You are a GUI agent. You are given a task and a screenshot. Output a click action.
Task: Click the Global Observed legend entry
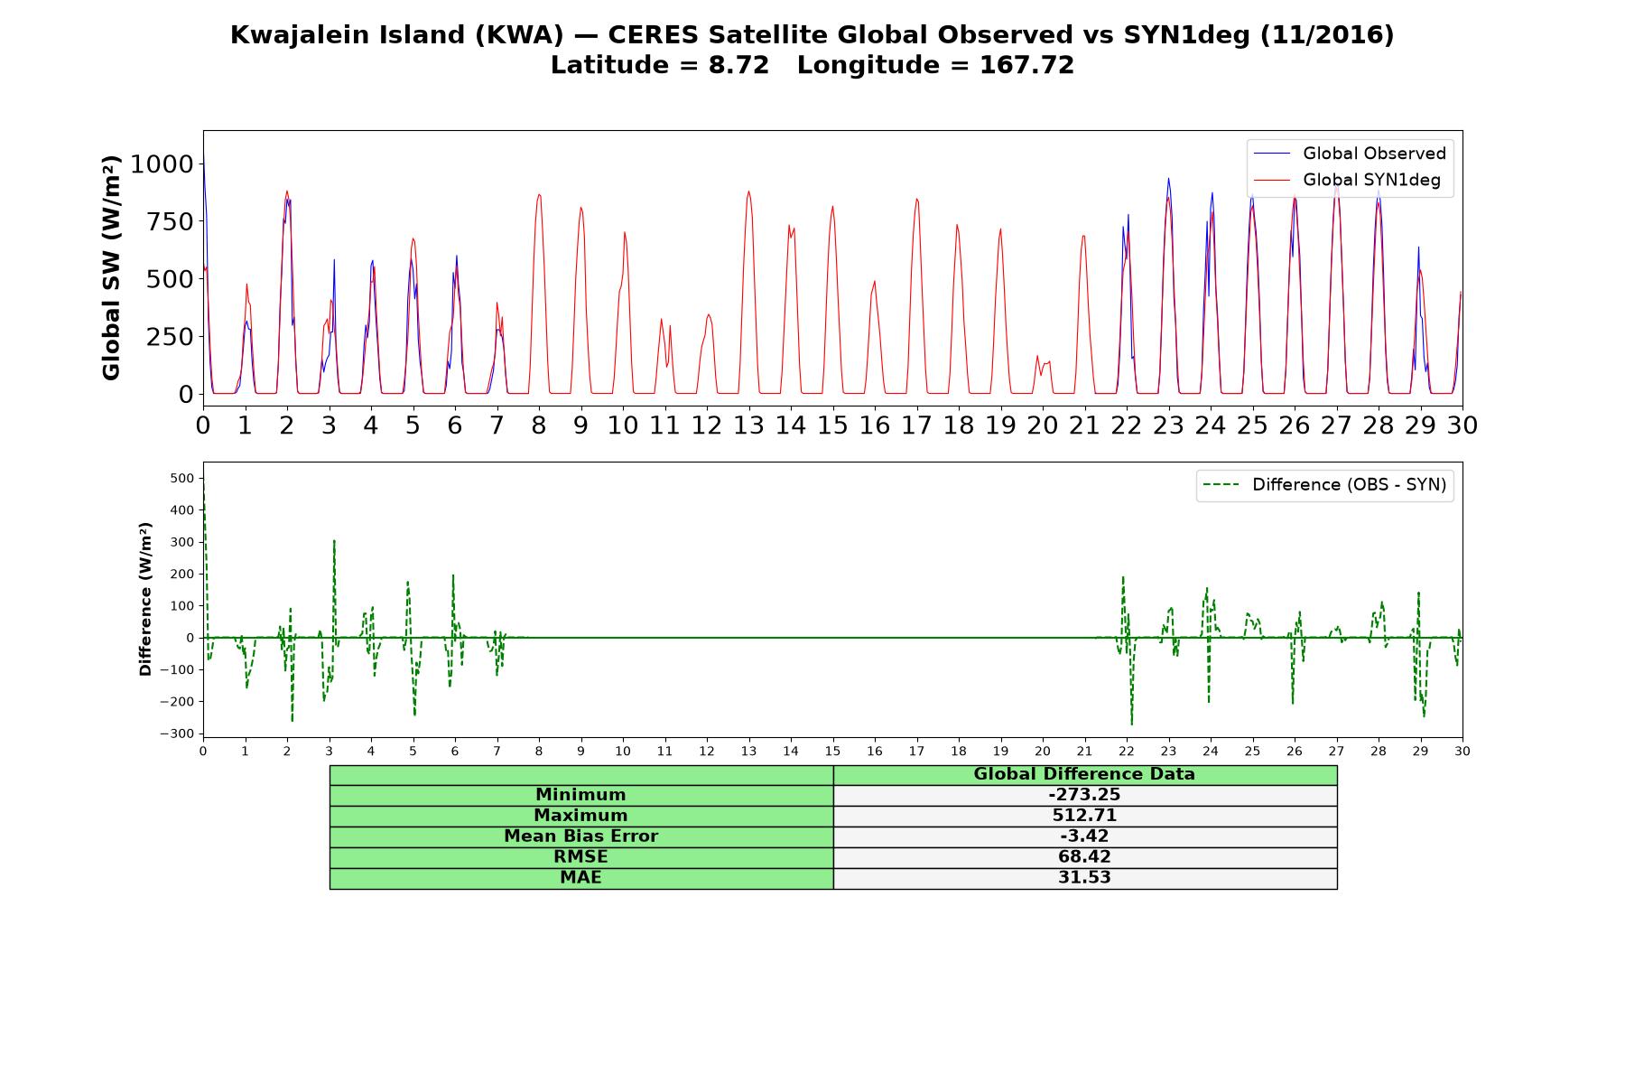(x=1351, y=154)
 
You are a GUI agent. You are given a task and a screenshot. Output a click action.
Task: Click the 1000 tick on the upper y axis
(x=162, y=164)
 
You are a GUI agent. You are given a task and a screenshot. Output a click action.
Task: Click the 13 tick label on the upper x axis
(x=748, y=425)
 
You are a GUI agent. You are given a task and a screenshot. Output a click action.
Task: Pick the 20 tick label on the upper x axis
(x=1043, y=425)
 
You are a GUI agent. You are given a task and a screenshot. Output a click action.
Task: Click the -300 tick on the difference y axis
(x=177, y=734)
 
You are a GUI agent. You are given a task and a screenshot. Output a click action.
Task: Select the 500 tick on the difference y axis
(x=182, y=478)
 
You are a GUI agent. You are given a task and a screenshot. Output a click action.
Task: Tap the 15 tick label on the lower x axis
(x=832, y=751)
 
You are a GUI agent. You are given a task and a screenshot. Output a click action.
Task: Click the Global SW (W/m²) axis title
(x=111, y=268)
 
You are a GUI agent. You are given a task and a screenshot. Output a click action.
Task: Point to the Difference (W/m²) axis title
(x=145, y=599)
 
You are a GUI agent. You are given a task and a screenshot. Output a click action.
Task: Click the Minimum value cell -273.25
(x=1084, y=795)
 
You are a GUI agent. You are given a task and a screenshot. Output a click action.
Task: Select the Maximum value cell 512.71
(x=1084, y=816)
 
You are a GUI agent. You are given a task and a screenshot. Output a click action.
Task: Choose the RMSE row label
(x=581, y=857)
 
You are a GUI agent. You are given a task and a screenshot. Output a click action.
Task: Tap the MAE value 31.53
(x=1084, y=878)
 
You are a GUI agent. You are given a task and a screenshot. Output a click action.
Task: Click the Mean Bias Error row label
(x=581, y=836)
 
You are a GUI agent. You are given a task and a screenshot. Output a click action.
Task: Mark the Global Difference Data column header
(x=1084, y=774)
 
